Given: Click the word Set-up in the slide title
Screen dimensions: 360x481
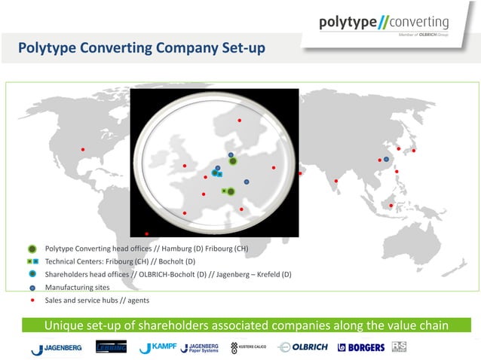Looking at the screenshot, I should tap(240, 49).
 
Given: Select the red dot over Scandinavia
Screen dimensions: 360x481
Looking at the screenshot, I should tap(240, 121).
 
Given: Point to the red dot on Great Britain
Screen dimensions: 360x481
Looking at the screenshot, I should tap(184, 166).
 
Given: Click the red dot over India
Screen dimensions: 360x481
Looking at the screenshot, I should tap(336, 181).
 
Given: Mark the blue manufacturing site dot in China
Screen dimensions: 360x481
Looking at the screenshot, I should tap(386, 160).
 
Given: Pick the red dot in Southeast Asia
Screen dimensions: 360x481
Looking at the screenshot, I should tap(391, 206).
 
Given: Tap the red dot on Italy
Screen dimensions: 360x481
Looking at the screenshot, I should tap(241, 209).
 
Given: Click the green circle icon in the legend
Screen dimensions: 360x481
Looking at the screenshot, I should tap(32, 249).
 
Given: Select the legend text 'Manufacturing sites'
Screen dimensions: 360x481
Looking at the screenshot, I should tap(77, 287).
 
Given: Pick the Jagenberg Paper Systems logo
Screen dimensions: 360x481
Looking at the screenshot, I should tap(199, 347).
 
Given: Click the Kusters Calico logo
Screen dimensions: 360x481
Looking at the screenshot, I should tap(248, 347).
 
